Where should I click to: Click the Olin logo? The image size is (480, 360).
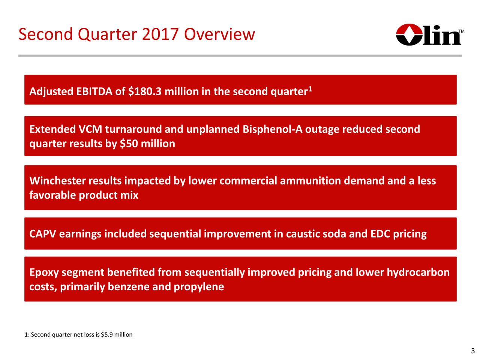pyautogui.click(x=430, y=34)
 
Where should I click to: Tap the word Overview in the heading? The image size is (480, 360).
pyautogui.click(x=219, y=34)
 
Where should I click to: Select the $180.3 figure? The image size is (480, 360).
pyautogui.click(x=145, y=91)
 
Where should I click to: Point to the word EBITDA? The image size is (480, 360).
pyautogui.click(x=94, y=91)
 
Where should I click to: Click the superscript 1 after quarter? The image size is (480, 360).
pyautogui.click(x=310, y=89)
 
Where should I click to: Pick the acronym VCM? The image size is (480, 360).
pyautogui.click(x=90, y=129)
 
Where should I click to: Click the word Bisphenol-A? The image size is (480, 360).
pyautogui.click(x=272, y=129)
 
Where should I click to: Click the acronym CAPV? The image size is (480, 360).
pyautogui.click(x=43, y=234)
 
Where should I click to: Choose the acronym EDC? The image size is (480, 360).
pyautogui.click(x=380, y=234)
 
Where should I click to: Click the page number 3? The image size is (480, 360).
pyautogui.click(x=473, y=351)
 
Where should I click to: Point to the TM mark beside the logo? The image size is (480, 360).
pyautogui.click(x=461, y=31)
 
